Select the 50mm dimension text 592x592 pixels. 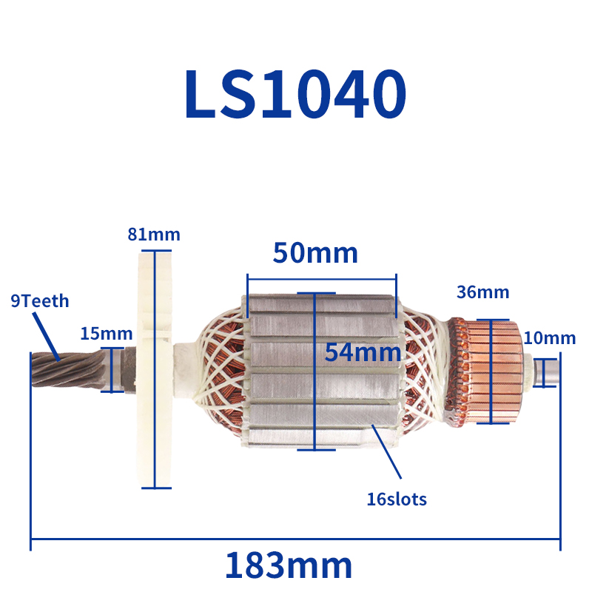315,253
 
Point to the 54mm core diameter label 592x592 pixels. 363,352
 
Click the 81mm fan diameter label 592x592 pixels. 154,235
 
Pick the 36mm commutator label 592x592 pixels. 482,292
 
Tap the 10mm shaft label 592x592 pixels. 549,339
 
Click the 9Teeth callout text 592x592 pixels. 40,301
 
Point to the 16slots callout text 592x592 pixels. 397,499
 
